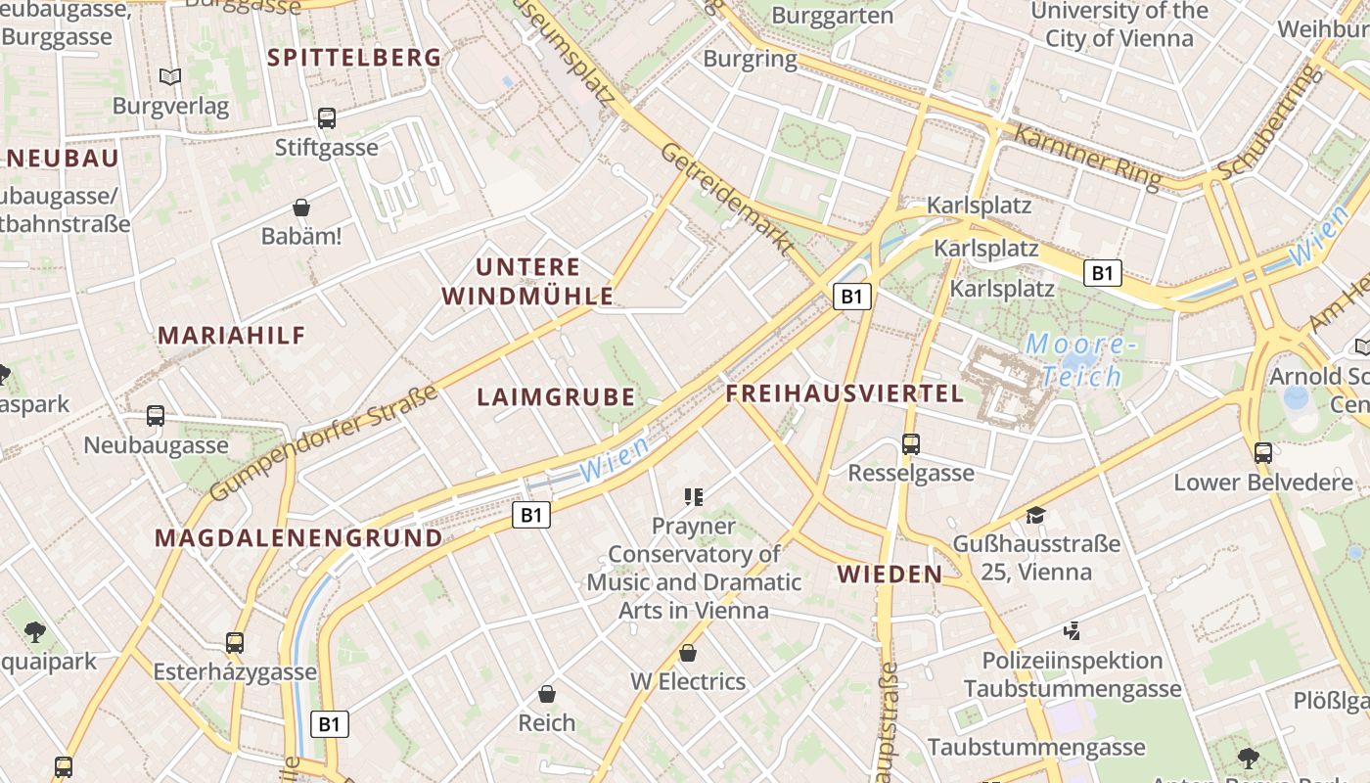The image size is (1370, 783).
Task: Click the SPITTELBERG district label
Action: tap(354, 58)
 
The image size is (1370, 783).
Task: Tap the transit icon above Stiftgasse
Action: tap(327, 118)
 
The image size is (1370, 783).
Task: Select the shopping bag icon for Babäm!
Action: tap(301, 207)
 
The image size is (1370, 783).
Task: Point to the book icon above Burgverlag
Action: tap(170, 76)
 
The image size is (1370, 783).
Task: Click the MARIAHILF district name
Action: tap(232, 336)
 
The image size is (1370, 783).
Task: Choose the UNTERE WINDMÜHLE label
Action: tap(527, 281)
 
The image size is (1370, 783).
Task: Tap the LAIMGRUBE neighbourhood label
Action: tap(556, 397)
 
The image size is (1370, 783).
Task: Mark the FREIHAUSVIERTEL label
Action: tap(845, 394)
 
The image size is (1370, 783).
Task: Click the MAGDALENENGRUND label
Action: tap(298, 538)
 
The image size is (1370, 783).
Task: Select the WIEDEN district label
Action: tap(890, 575)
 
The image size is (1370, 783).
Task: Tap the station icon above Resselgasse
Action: tap(911, 444)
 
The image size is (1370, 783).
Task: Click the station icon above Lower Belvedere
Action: tap(1263, 453)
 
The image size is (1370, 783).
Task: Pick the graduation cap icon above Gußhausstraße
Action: tap(1035, 515)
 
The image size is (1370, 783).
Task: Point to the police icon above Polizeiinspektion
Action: tap(1073, 631)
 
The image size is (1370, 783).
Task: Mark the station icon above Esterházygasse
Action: tap(235, 643)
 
